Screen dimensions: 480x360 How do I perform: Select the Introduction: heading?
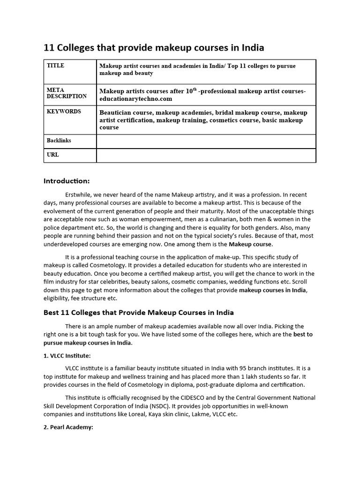tap(66, 181)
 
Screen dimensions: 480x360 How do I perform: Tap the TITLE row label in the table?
tap(56, 66)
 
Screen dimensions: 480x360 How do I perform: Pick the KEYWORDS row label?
tap(64, 112)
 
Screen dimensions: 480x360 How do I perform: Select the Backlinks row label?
tap(59, 141)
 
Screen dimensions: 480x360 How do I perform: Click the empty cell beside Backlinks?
tap(206, 141)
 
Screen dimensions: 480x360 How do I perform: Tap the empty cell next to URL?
tap(206, 155)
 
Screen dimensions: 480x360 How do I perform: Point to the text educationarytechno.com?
tap(135, 99)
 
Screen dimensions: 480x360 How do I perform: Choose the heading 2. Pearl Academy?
tap(69, 427)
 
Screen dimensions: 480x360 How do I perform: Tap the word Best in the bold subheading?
tap(52, 313)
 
